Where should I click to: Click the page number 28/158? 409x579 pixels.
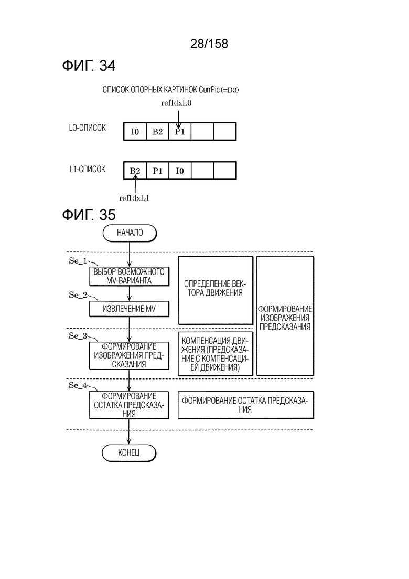coord(209,44)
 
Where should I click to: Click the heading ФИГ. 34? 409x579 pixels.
coord(89,66)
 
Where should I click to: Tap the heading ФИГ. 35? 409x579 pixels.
coord(89,215)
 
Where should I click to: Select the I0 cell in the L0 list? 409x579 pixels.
coord(135,131)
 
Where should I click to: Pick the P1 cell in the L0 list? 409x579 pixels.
coord(180,131)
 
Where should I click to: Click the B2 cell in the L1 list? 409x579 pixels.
coord(135,171)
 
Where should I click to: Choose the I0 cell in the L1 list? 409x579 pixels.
coord(180,171)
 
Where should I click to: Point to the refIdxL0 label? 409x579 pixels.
coord(176,103)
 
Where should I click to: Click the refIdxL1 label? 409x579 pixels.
coord(134,198)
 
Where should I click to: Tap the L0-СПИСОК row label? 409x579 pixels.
coord(88,128)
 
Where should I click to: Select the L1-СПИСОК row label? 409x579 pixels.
coord(88,169)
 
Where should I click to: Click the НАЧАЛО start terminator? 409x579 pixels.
coord(130,233)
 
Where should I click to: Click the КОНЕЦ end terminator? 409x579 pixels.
coord(128,452)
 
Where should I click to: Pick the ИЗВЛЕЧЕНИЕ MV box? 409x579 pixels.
coord(129,309)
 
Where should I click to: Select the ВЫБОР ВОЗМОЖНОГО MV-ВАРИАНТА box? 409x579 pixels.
coord(129,276)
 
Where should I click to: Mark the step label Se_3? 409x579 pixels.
coord(78,336)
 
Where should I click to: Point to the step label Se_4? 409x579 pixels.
coord(78,385)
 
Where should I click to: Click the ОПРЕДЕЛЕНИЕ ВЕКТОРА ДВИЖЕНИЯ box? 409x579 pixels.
coord(216,290)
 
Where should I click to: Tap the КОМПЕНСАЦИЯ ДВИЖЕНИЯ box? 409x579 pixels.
coord(216,354)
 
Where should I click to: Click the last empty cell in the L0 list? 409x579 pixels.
coord(224,131)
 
